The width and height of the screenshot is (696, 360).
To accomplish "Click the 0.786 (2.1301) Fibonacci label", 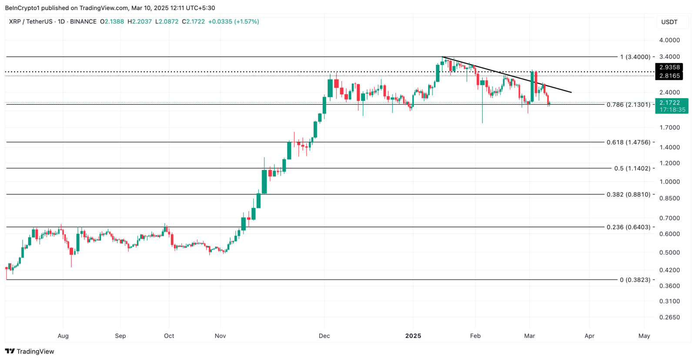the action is (x=628, y=105).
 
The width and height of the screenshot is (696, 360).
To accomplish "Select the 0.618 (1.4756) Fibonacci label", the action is (x=628, y=142).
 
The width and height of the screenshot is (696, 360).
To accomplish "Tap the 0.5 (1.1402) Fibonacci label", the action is (x=632, y=168).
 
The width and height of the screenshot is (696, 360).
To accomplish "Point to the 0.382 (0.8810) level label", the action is (x=628, y=194).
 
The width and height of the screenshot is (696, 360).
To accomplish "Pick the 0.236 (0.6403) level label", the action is (x=628, y=227).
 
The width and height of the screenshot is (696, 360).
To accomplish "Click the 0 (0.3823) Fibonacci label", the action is (x=635, y=280).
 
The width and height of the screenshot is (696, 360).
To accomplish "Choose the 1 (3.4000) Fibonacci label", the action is (x=635, y=57).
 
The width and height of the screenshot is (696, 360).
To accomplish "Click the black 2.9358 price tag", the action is (x=669, y=67).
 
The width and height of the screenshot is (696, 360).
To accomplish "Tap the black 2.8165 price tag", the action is (x=669, y=76).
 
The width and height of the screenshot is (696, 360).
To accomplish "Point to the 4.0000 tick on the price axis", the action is (x=669, y=40).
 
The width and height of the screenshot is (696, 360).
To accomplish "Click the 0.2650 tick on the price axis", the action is (x=669, y=317).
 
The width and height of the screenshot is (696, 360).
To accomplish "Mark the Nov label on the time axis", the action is (x=220, y=336).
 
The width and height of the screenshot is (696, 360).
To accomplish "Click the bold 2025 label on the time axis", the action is (x=413, y=336).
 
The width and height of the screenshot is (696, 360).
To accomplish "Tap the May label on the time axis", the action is (x=644, y=336).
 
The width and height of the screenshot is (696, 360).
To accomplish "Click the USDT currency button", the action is (x=669, y=22).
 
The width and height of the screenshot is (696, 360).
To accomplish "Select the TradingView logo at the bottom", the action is (x=30, y=351).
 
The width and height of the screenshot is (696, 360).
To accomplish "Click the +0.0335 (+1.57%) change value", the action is (x=233, y=21).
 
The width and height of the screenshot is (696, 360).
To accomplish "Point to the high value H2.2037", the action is (x=140, y=21).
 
